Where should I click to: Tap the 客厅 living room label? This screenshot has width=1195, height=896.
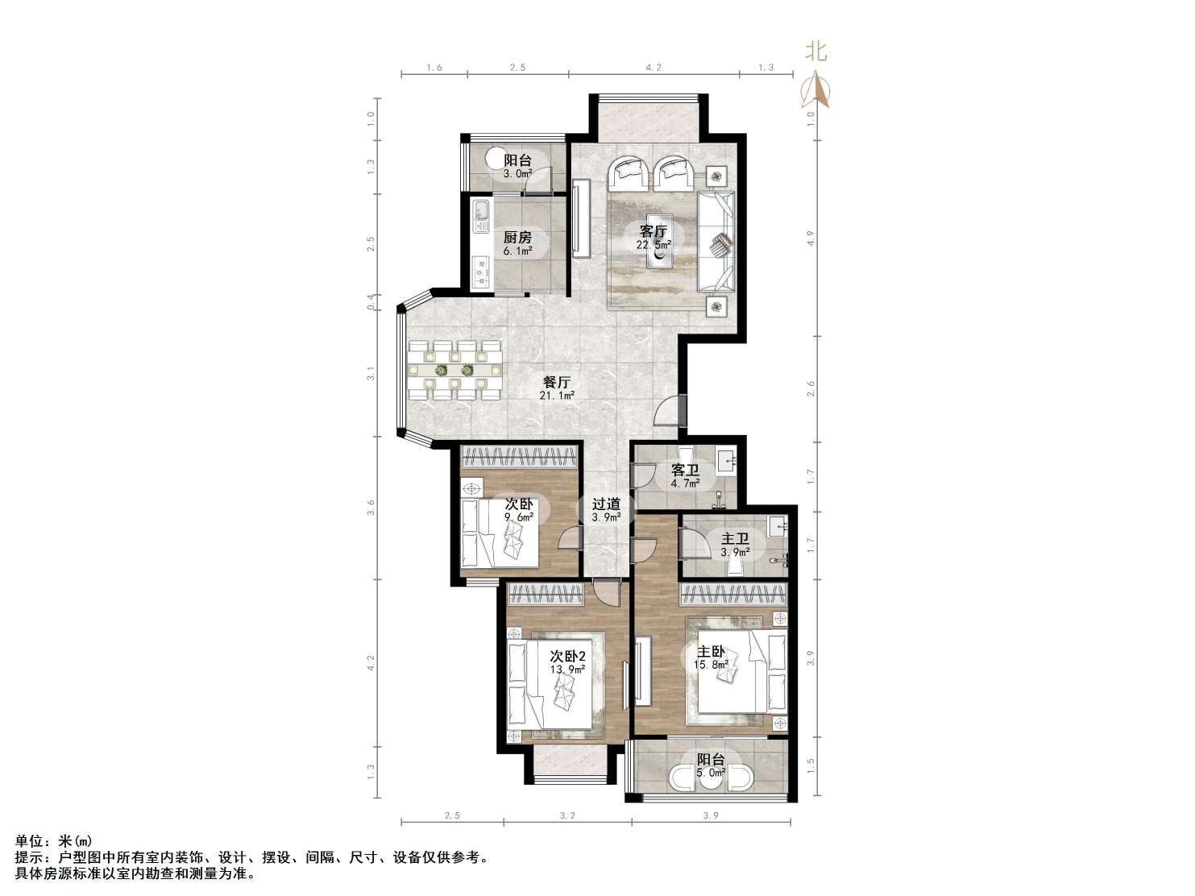(654, 231)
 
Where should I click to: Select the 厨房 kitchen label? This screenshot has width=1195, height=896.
(517, 238)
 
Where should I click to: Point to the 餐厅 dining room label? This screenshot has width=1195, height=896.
(556, 382)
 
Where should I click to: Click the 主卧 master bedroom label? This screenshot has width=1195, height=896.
(711, 652)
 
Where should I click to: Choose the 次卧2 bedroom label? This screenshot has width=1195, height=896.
(567, 656)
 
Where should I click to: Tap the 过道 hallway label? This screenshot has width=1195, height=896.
(606, 504)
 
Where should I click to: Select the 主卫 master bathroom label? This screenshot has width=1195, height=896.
(735, 539)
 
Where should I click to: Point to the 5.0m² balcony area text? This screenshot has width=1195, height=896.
(711, 773)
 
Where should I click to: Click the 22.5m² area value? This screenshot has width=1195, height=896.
(654, 245)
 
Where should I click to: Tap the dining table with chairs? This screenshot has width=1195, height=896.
(455, 371)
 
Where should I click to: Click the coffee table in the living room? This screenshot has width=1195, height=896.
(659, 252)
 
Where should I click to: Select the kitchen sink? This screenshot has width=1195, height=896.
(100, 215)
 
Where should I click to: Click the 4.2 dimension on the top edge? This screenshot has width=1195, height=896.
(654, 68)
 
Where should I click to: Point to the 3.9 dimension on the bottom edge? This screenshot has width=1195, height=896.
(711, 815)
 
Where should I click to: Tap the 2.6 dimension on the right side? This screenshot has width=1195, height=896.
(811, 388)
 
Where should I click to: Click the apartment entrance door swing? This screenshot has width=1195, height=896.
(669, 410)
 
